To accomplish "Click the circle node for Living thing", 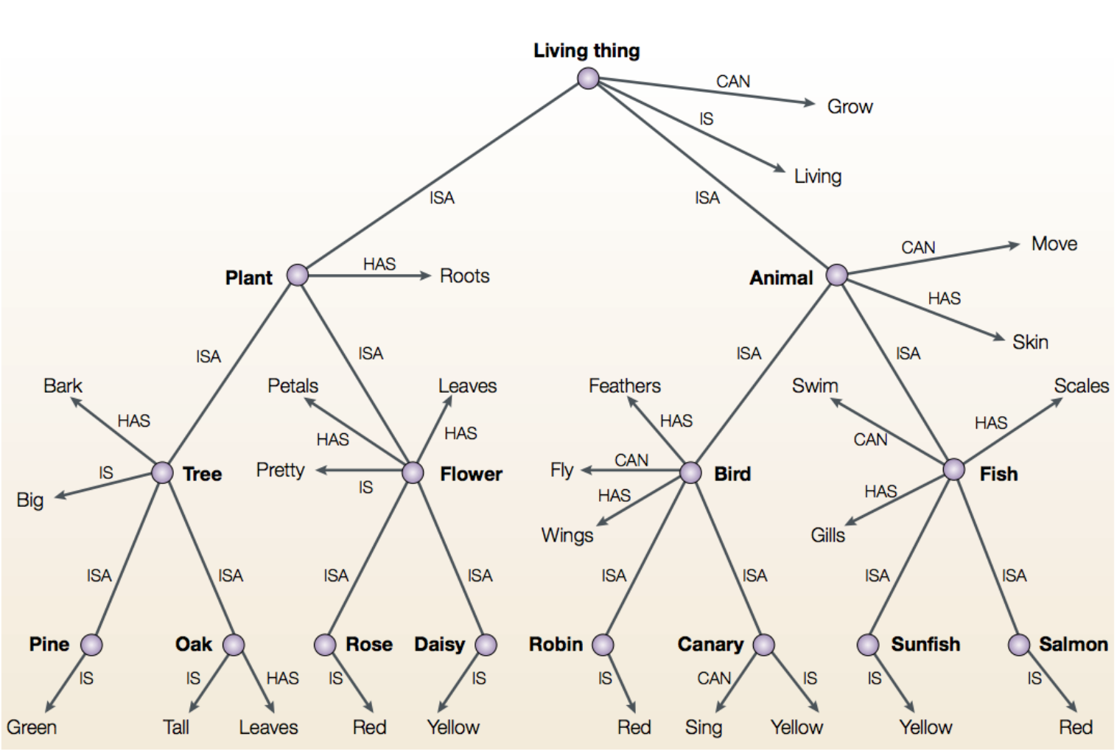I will click(x=588, y=78).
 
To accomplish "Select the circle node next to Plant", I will click(x=297, y=275).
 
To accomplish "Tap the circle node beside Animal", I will click(x=836, y=275).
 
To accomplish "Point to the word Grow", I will click(x=850, y=107).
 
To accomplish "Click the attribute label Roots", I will click(x=464, y=276).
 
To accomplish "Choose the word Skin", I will click(x=1029, y=342).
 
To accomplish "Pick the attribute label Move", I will click(x=1054, y=244).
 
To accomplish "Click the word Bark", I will click(x=63, y=385).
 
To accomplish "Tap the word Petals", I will click(x=293, y=385).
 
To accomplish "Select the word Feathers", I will click(x=624, y=385).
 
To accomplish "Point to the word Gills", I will click(x=827, y=535).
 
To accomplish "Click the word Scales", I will click(x=1081, y=385).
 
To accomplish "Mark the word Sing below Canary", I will click(x=703, y=727).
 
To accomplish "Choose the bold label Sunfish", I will click(x=925, y=645).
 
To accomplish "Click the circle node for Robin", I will click(x=603, y=645).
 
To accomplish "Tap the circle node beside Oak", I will click(x=234, y=645).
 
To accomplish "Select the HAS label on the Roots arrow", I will click(x=379, y=264).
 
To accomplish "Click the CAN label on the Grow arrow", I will click(x=733, y=81).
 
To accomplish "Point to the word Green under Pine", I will click(x=32, y=727).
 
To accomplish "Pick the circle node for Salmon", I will click(x=1018, y=645).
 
